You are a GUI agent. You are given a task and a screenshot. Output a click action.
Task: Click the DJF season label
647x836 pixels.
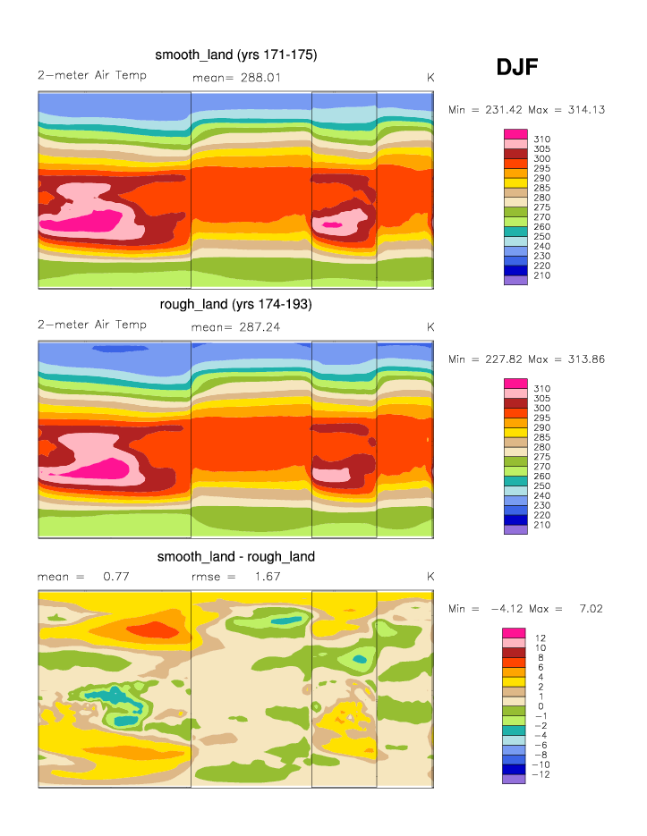coord(517,67)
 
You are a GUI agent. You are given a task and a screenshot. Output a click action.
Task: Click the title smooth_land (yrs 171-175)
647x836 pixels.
coord(236,55)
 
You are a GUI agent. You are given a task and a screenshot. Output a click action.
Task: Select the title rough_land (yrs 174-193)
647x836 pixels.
coord(235,305)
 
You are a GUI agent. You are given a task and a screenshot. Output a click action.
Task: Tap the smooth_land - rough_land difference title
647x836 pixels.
coord(236,556)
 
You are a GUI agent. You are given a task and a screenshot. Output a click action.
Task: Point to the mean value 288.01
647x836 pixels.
coord(256,78)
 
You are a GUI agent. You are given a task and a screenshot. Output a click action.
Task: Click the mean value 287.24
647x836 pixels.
coord(256,327)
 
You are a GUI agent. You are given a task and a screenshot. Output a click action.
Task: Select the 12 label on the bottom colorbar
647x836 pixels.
coord(541,638)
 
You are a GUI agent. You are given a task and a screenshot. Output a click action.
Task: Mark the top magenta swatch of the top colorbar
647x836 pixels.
coord(516,134)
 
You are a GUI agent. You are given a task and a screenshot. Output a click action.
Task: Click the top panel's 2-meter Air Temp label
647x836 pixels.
coord(91,75)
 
